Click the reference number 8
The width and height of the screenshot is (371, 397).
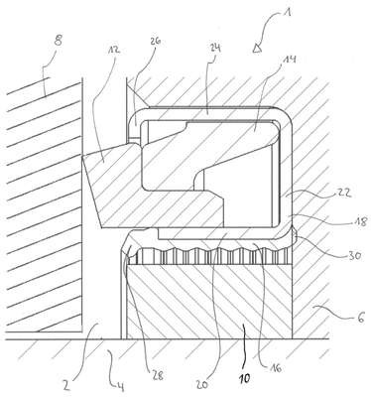(59, 43)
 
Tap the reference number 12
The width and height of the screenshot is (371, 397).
(113, 50)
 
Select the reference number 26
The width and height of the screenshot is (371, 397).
(155, 41)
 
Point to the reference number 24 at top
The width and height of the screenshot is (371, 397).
(215, 49)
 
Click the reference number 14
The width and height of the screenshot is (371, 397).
(290, 60)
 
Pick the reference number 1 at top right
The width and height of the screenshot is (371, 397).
(288, 13)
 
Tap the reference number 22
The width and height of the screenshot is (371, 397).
(344, 193)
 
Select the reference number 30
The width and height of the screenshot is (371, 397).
(354, 255)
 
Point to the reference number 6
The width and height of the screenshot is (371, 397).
(360, 319)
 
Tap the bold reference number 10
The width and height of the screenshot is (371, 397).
(244, 377)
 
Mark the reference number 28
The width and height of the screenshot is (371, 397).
(157, 375)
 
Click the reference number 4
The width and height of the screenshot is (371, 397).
(120, 386)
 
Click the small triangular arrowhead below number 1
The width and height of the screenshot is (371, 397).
(257, 49)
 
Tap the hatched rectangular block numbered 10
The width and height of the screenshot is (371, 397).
(209, 302)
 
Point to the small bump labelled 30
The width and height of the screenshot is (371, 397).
(295, 235)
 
